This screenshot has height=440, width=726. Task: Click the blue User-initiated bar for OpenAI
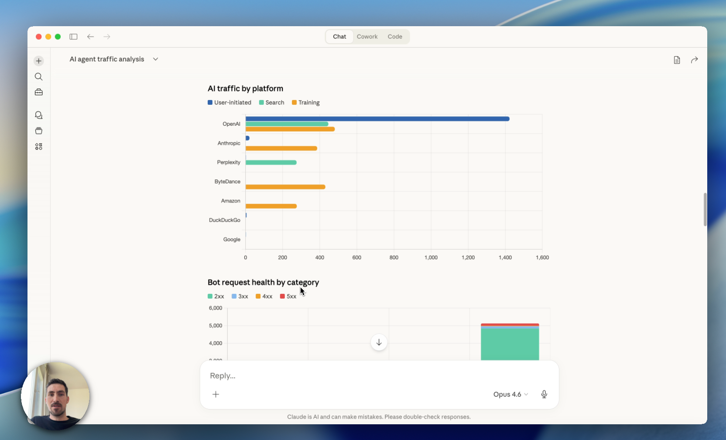pos(377,119)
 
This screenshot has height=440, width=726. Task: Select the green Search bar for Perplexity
pos(271,162)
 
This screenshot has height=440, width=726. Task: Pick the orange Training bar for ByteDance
pos(285,187)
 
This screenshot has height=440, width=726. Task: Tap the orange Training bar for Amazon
pos(271,206)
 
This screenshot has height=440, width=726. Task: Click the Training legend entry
pos(306,103)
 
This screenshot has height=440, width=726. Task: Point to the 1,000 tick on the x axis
pos(431,258)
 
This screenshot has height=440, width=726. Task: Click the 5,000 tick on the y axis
pos(216,326)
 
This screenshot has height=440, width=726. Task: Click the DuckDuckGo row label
pos(224,220)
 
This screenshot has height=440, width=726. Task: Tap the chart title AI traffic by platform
pos(245,89)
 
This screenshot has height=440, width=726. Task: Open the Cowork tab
pos(367,37)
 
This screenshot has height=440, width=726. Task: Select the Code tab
pos(395,37)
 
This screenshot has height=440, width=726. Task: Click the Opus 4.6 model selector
pos(510,394)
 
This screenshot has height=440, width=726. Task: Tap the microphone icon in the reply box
pos(544,394)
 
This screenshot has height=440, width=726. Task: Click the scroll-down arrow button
pos(379,342)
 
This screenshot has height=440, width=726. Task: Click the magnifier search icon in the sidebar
pos(39,77)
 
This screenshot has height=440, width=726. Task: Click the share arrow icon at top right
pos(694,60)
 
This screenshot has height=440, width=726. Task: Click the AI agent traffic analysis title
pos(107,59)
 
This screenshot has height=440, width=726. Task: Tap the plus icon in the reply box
pos(216,394)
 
